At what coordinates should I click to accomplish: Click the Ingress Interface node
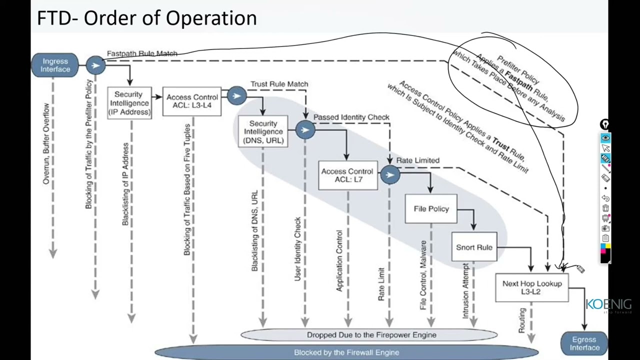(55, 65)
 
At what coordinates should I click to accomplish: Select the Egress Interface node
(584, 344)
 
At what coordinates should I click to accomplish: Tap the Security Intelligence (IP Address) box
(129, 103)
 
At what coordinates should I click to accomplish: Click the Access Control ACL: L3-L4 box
(192, 101)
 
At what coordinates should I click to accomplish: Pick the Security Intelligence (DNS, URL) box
(263, 132)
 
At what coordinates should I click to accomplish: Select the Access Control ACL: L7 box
(347, 175)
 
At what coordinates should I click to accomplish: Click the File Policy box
(431, 209)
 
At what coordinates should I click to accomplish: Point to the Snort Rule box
(474, 247)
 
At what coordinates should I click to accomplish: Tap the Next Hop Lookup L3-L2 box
(531, 287)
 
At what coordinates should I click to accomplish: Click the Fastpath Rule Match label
(142, 53)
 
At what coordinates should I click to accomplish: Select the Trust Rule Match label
(279, 84)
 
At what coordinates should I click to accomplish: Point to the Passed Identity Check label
(351, 117)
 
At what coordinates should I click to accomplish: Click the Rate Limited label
(417, 160)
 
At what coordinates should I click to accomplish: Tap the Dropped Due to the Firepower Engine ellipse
(369, 335)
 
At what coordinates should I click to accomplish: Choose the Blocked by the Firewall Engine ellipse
(346, 352)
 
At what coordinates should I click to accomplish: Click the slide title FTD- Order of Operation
(146, 18)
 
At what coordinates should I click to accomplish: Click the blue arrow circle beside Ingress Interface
(95, 65)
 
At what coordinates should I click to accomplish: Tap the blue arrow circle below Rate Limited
(389, 174)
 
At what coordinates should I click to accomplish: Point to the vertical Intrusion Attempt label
(466, 290)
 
